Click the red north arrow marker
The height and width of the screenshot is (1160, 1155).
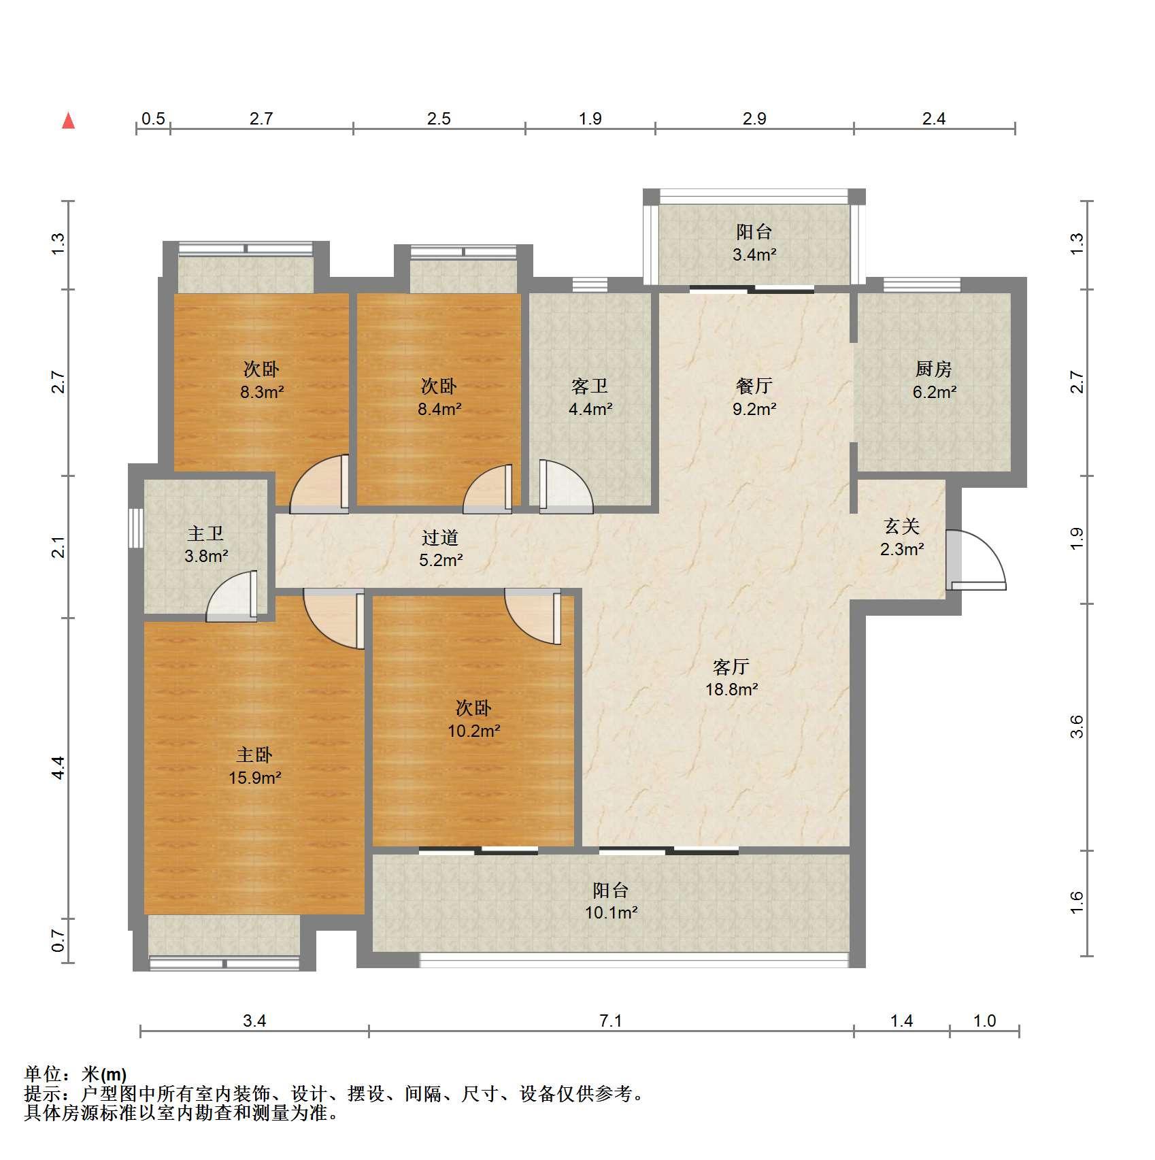click(x=68, y=121)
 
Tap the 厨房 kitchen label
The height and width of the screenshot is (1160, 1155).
click(x=933, y=369)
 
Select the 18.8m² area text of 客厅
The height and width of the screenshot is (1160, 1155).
click(x=732, y=689)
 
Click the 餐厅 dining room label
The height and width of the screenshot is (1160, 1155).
click(x=754, y=386)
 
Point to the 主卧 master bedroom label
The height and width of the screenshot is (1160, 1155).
click(x=254, y=755)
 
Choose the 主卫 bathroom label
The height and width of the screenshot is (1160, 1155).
click(x=205, y=533)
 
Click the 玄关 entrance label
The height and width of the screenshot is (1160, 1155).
click(x=902, y=526)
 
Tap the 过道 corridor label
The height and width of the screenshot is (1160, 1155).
click(x=440, y=537)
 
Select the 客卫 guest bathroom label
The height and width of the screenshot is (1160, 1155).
click(x=590, y=386)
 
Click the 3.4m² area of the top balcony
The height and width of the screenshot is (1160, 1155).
click(x=754, y=255)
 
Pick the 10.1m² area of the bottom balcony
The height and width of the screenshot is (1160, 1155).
click(x=612, y=912)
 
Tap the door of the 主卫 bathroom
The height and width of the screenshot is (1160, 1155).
click(x=232, y=596)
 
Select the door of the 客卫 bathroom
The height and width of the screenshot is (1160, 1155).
click(x=566, y=486)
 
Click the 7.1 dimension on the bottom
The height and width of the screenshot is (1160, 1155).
click(x=611, y=1021)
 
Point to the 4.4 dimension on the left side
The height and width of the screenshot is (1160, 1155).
click(x=58, y=768)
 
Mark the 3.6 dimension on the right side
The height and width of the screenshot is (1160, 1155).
click(x=1076, y=727)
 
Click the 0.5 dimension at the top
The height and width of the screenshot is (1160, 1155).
click(x=154, y=118)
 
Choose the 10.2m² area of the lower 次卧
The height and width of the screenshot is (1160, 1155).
click(x=474, y=731)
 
